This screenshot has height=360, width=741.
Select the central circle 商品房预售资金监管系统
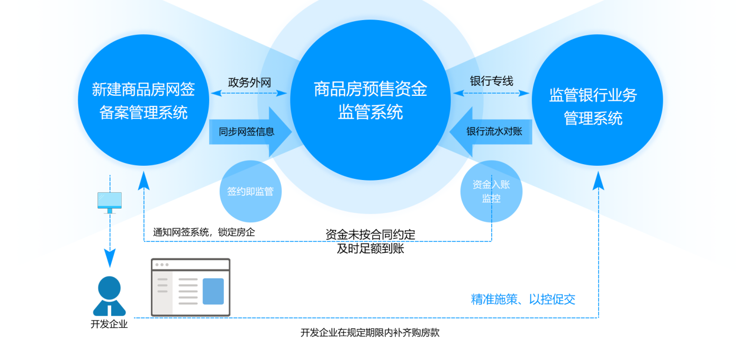coord(370,100)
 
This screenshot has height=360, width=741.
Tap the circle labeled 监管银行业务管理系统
coord(597,100)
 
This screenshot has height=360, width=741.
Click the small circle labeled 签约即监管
coord(250,191)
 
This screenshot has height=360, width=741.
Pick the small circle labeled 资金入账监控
coord(491,191)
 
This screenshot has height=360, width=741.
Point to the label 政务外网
coord(249,83)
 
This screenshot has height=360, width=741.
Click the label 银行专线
coord(492,82)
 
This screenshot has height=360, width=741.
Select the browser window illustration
coord(191,287)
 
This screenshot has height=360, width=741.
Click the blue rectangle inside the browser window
coord(213,291)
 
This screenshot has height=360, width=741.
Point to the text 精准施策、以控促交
coord(523,300)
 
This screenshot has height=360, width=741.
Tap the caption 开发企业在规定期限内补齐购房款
coord(370,333)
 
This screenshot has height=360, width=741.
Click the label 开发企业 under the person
coord(110,324)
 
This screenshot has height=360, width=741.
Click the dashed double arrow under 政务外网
coord(249,94)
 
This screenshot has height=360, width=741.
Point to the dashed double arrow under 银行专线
coord(491,94)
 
